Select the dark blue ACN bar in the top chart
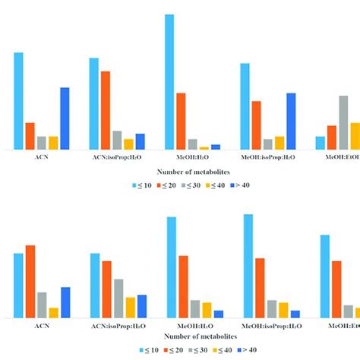click(65, 118)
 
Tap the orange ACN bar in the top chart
click(30, 136)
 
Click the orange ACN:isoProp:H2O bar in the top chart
click(106, 110)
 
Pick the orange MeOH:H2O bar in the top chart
click(181, 121)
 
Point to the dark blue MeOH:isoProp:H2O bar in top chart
click(292, 121)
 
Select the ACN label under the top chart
click(41, 156)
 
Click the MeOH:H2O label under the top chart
click(182, 156)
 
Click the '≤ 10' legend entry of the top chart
click(145, 185)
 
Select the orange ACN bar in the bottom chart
click(30, 281)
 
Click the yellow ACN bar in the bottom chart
click(53, 312)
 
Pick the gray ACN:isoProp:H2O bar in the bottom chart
click(118, 298)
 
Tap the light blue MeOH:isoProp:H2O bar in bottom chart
click(248, 265)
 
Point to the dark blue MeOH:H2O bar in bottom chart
click(219, 314)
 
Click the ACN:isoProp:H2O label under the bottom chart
click(117, 325)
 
